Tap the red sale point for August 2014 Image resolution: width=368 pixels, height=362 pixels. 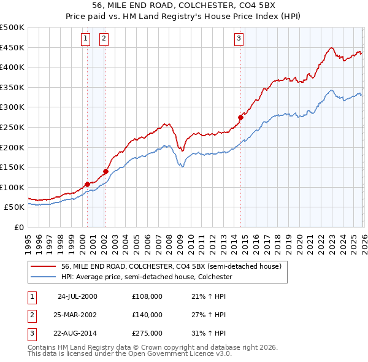[240, 117]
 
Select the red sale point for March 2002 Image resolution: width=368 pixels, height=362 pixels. [106, 171]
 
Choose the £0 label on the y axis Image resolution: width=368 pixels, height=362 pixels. [18, 227]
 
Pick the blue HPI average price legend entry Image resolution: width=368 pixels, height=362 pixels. [146, 277]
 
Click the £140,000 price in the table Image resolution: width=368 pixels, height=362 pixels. [147, 315]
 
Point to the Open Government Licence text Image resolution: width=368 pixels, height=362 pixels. [178, 353]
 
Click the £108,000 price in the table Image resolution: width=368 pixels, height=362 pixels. [147, 296]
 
